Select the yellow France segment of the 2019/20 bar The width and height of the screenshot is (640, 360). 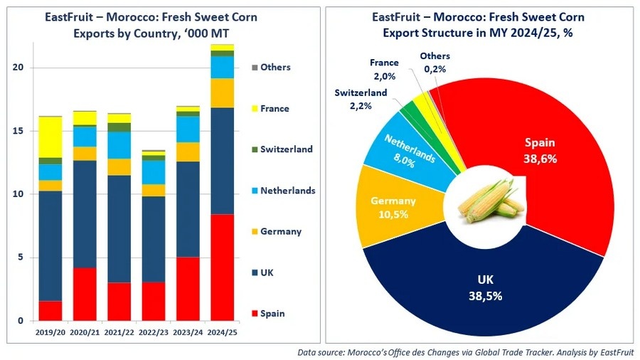(x=50, y=136)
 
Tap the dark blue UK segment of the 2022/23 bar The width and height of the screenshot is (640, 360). (x=153, y=238)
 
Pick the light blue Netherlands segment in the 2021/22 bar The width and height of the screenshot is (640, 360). (x=119, y=145)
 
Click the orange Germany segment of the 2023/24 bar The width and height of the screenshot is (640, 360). (x=188, y=152)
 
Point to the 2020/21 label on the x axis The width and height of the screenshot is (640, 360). (x=85, y=332)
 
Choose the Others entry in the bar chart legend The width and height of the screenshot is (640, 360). (x=275, y=68)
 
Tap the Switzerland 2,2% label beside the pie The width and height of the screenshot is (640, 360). (x=361, y=99)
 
